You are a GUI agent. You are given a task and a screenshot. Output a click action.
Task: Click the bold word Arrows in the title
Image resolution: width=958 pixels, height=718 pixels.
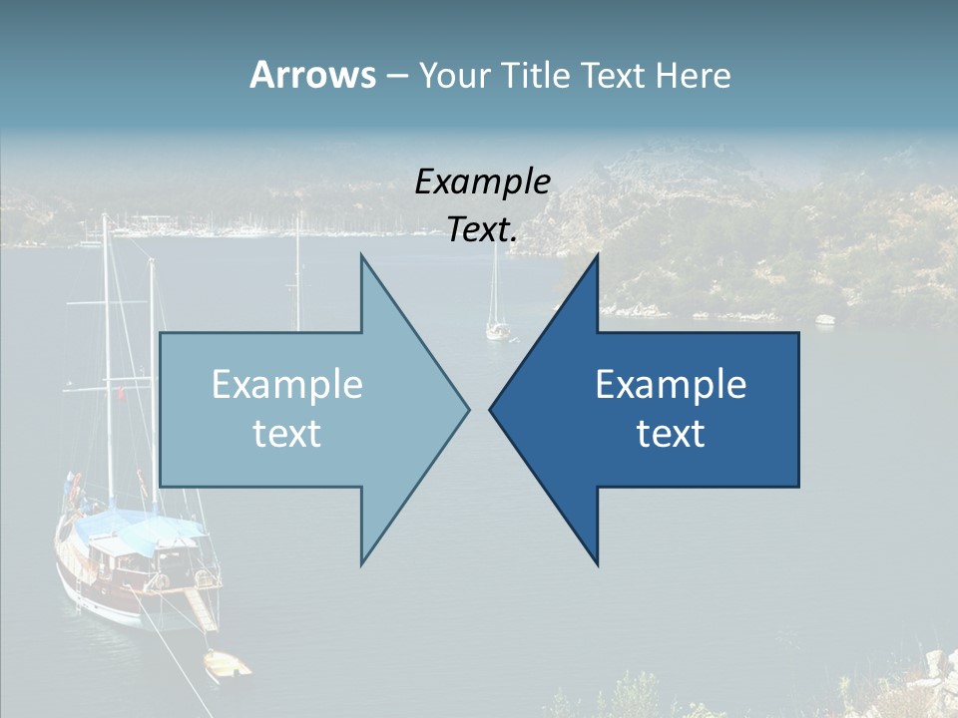[312, 75]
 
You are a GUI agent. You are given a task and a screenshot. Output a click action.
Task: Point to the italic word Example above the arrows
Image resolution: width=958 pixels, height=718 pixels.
[482, 181]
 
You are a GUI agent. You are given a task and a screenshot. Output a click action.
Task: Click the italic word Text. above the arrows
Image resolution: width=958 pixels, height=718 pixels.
[482, 230]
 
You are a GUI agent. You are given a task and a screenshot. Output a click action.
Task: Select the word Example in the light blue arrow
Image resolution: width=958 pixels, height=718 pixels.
[287, 385]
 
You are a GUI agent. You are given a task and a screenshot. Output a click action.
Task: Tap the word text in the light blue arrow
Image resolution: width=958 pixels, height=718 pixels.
[287, 434]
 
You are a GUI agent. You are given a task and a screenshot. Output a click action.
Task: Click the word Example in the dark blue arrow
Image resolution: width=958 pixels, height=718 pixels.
[671, 385]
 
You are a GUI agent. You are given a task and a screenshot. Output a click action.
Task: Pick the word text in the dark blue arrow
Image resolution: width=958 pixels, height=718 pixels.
[671, 434]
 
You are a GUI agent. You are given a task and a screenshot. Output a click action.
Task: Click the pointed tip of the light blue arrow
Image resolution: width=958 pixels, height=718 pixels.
[467, 409]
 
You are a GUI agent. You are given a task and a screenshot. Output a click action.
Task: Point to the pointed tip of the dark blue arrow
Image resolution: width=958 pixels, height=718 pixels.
[492, 409]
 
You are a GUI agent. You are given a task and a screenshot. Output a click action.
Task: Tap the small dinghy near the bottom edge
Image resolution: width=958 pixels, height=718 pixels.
[227, 664]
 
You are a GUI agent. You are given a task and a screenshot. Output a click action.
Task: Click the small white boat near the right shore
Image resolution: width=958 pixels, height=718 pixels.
[825, 320]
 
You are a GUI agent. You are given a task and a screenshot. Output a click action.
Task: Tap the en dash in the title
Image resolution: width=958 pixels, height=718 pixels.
[396, 76]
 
